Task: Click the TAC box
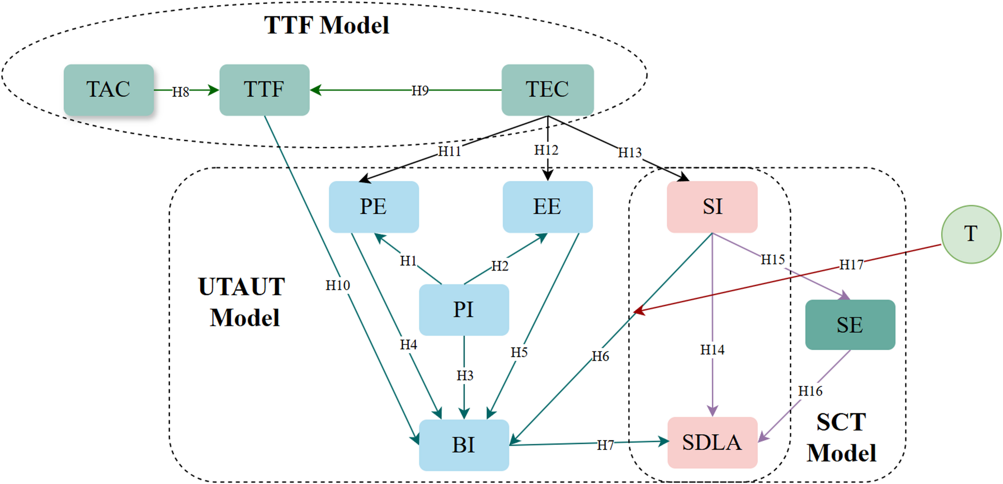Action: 108,90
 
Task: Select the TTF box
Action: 264,90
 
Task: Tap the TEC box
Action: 547,90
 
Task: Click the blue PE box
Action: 374,207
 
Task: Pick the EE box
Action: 547,207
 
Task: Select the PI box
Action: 464,310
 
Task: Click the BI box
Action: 464,445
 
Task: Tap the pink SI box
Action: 712,207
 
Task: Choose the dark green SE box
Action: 850,325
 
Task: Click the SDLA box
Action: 712,442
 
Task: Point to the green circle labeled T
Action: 971,234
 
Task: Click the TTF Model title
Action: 327,25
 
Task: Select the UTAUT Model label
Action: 243,302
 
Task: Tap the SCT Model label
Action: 842,437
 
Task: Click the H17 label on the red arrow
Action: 851,264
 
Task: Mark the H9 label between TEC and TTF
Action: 420,90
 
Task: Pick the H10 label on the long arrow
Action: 338,285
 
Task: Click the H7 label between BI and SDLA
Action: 605,445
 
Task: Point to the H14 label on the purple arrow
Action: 712,350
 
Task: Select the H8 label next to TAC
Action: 181,92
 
